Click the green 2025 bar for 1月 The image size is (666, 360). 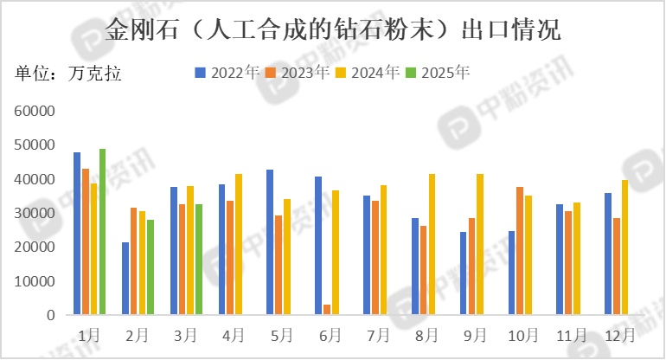(x=102, y=232)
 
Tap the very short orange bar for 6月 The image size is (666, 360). (x=327, y=310)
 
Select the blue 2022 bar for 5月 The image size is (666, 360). (x=270, y=242)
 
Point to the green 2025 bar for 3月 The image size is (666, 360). (x=199, y=260)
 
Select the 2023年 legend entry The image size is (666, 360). (x=298, y=73)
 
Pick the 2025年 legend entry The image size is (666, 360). (x=439, y=73)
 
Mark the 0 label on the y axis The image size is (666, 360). (x=51, y=316)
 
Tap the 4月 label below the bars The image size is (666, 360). (x=231, y=334)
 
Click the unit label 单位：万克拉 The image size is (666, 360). (x=68, y=73)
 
